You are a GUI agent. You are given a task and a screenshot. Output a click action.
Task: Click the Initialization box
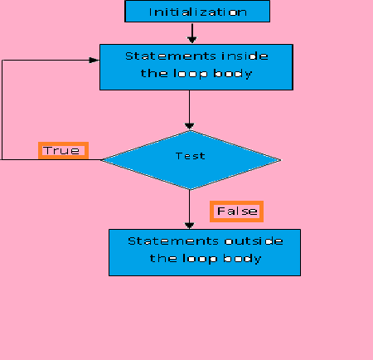[197, 11]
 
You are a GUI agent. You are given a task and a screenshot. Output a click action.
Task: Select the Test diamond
[191, 160]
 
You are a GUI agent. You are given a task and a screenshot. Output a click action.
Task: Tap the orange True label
[63, 151]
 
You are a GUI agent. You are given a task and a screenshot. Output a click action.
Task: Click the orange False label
[236, 212]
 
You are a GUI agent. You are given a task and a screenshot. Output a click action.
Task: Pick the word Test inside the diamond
[191, 156]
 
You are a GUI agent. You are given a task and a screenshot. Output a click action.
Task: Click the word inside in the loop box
[245, 56]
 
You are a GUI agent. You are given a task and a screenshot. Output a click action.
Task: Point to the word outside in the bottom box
[254, 241]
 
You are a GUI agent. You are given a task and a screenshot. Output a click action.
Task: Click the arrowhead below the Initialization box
[192, 40]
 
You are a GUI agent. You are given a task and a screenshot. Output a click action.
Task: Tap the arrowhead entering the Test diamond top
[189, 126]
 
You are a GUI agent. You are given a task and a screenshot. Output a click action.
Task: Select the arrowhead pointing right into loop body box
[94, 61]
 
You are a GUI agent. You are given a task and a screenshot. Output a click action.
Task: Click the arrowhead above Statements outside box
[189, 226]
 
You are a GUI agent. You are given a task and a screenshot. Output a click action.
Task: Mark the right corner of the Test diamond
[281, 160]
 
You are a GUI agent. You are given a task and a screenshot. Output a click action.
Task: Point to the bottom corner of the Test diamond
[190, 189]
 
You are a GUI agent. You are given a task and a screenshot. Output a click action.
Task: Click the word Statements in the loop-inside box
[171, 56]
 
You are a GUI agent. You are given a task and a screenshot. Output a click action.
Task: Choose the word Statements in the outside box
[173, 241]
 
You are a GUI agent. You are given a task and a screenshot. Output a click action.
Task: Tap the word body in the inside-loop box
[233, 74]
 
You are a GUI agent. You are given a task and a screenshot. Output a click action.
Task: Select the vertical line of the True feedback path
[2, 109]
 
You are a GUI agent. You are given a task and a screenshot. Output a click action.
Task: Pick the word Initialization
[198, 12]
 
